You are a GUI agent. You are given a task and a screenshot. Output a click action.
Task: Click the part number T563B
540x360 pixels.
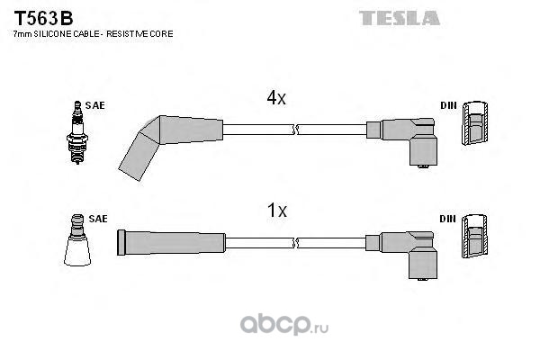(x=43, y=16)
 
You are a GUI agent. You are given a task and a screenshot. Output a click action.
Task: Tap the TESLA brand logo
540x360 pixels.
(x=400, y=16)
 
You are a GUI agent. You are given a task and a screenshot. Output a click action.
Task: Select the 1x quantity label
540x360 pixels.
(x=276, y=211)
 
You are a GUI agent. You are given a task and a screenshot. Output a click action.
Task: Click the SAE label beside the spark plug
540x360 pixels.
(x=96, y=105)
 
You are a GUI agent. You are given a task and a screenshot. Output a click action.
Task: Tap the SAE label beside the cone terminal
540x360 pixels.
(x=98, y=219)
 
